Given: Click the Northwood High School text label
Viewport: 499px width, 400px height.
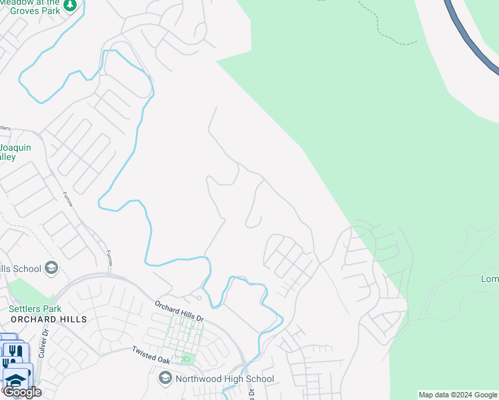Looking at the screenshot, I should pos(224,379).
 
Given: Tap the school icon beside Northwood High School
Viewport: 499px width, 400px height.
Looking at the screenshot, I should pos(165,379).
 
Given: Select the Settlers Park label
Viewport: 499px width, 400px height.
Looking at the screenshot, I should pos(35,309).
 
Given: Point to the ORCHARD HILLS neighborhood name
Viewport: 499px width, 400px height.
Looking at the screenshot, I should pos(48,319).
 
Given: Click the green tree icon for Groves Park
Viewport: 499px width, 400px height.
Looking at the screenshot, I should pos(70,6).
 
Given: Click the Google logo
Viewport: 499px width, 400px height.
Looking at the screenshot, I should pos(22,392).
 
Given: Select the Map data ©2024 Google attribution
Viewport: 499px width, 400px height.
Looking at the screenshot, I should pos(458,395).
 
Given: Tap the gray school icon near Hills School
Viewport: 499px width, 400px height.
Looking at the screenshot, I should pos(51,269).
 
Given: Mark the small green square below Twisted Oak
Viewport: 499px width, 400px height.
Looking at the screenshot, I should pos(185,359).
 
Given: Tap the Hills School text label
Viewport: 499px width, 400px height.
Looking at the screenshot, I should pos(20,269).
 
